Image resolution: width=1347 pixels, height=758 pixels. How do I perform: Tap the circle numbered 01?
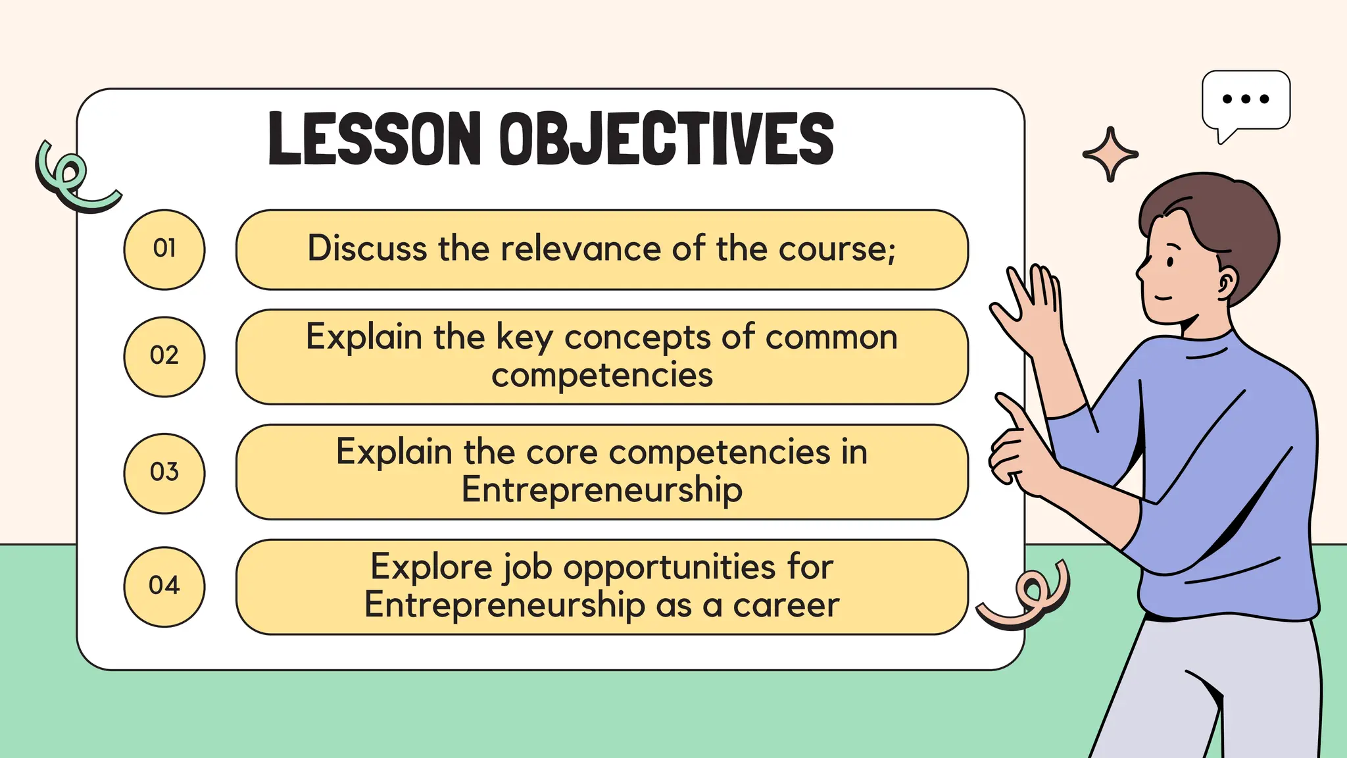coord(164,249)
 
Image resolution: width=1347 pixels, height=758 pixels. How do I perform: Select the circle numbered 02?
coord(164,357)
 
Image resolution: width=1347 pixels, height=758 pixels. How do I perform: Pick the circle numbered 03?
coord(164,472)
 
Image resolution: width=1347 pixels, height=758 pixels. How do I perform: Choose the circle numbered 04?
coord(164,586)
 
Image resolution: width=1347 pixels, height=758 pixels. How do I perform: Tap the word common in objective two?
coord(831,338)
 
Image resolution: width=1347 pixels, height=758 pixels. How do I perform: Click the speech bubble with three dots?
coord(1246,101)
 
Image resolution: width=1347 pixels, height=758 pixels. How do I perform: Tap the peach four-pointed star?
coord(1110,155)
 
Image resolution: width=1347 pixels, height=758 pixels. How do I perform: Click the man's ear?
coord(1227,283)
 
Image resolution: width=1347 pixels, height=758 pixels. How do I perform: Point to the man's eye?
coord(1171,262)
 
